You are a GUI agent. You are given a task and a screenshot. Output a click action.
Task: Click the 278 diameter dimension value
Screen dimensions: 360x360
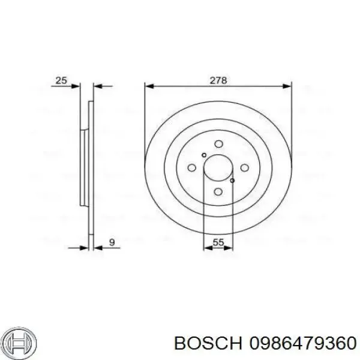coord(218,80)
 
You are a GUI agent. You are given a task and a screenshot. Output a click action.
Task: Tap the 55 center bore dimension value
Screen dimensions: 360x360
coord(218,242)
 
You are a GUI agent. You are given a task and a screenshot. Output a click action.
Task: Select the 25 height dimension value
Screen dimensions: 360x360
coord(61,80)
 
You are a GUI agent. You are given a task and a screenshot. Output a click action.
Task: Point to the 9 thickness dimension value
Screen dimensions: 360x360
coord(112,242)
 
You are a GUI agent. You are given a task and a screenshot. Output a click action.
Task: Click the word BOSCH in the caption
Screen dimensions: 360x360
coord(208,344)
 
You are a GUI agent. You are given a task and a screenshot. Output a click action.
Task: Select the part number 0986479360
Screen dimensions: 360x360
coord(303,344)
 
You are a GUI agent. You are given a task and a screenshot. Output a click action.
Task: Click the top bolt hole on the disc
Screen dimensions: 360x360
coord(218,144)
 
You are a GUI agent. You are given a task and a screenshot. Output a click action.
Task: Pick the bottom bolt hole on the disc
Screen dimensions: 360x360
coord(218,192)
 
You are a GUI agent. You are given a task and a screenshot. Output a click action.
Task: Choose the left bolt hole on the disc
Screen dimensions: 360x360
coord(192,168)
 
